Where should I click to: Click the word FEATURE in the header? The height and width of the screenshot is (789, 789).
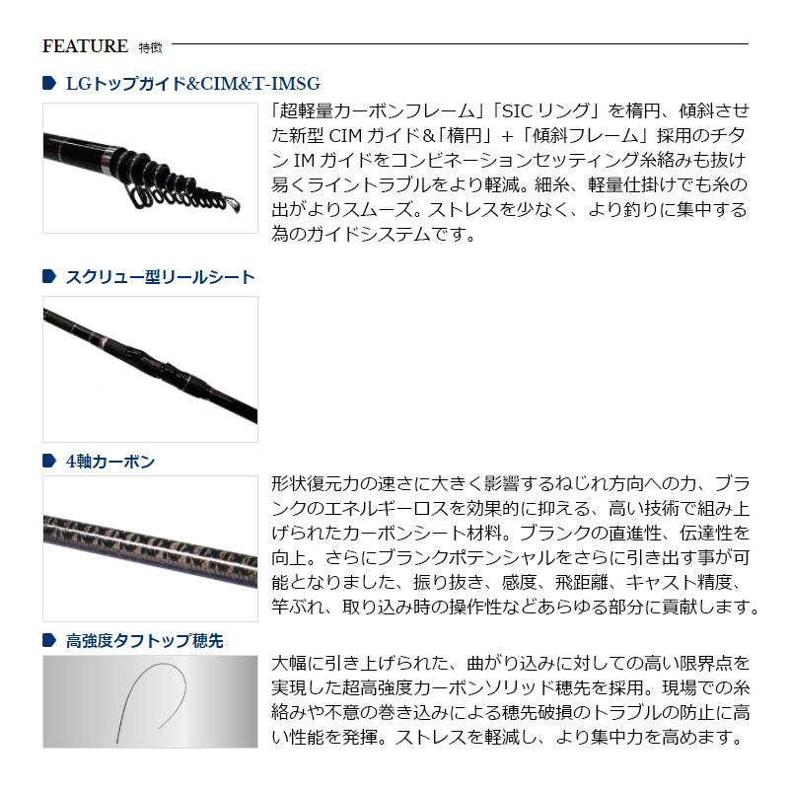(x=86, y=45)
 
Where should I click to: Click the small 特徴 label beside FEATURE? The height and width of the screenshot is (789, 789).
(x=150, y=46)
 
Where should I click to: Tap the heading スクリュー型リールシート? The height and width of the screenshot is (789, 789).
(x=160, y=277)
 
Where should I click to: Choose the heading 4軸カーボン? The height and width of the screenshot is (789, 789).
(x=109, y=461)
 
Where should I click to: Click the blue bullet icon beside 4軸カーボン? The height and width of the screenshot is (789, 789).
(x=49, y=461)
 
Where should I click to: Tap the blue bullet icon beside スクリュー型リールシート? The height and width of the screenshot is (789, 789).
(x=49, y=277)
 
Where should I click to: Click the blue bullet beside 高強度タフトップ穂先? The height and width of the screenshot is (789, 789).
(x=49, y=640)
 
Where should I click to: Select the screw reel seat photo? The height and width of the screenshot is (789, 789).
(x=150, y=369)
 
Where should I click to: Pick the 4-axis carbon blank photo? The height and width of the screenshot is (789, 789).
(x=150, y=548)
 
